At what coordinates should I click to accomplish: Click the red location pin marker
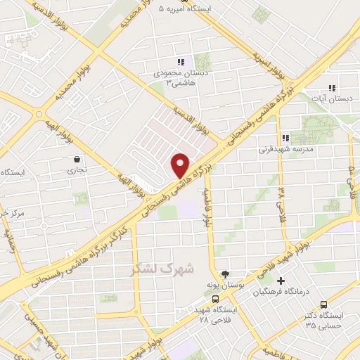(x=181, y=165)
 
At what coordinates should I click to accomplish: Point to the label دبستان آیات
(x=335, y=100)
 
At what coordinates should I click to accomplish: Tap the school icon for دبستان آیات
(x=331, y=88)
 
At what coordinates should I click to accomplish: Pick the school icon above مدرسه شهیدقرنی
(x=285, y=138)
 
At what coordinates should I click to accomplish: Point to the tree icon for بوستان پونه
(x=225, y=274)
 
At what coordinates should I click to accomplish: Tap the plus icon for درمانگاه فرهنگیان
(x=281, y=281)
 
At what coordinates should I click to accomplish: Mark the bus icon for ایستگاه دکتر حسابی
(x=323, y=304)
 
